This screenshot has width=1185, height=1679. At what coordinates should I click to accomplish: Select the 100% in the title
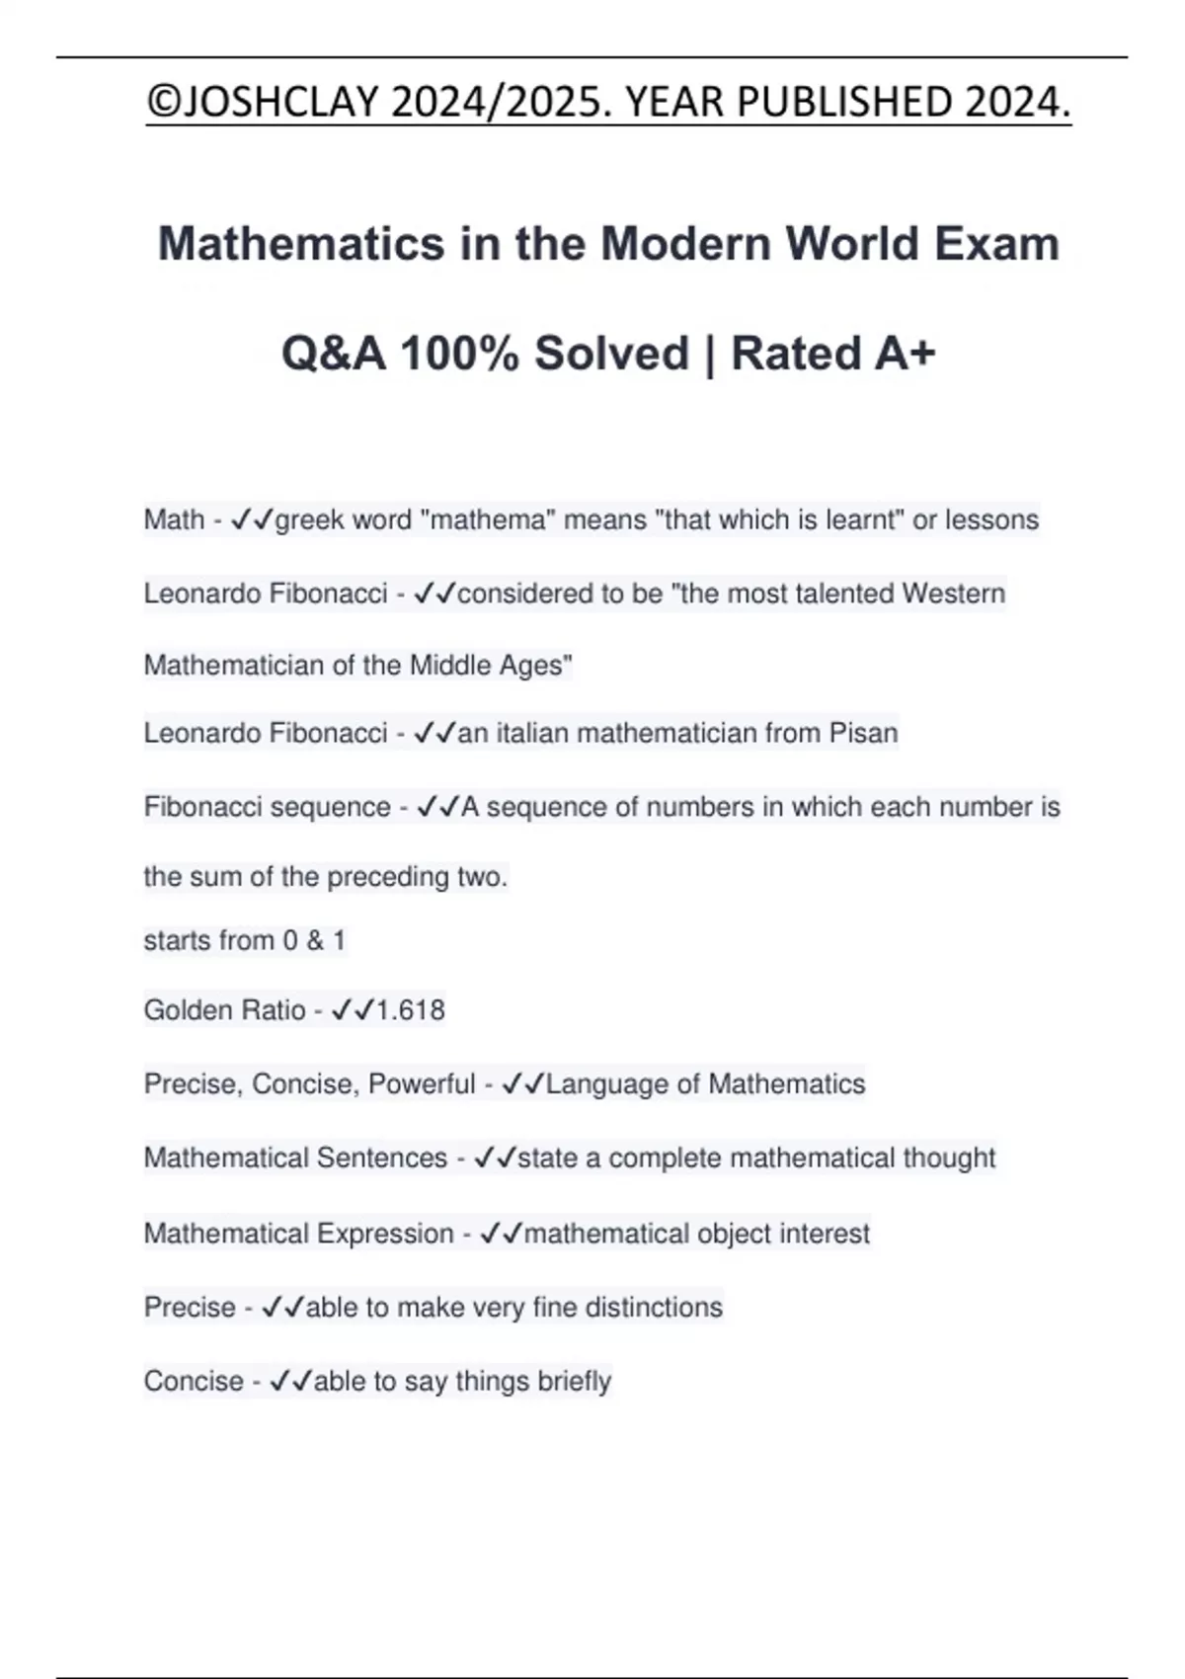click(459, 354)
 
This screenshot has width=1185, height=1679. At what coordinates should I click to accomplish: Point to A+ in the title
click(900, 354)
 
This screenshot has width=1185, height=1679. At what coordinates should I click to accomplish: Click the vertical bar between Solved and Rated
click(709, 354)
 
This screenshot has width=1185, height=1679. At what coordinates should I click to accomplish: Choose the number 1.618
click(411, 1010)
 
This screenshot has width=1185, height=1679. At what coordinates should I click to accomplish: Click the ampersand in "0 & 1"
click(315, 940)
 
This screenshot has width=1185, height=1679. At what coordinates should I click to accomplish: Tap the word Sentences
click(392, 1158)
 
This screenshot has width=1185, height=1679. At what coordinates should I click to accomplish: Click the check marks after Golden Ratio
click(353, 1010)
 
